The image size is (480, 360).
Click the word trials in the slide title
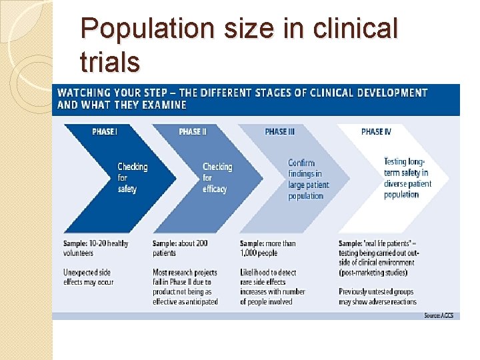click(x=109, y=62)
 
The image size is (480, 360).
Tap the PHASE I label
click(x=105, y=131)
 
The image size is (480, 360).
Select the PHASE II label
click(x=193, y=131)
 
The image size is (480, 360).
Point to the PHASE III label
click(x=279, y=131)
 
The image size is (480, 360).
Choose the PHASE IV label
click(x=376, y=131)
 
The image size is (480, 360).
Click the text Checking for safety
click(x=132, y=178)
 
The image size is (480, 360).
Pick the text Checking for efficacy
click(x=217, y=178)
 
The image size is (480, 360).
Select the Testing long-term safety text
click(x=407, y=178)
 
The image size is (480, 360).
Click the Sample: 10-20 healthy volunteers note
click(x=95, y=248)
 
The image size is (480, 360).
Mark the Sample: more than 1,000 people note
click(x=267, y=248)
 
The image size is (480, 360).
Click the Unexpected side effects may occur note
click(x=89, y=277)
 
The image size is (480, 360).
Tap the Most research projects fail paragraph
click(x=185, y=287)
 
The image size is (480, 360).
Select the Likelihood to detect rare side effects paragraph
click(x=273, y=287)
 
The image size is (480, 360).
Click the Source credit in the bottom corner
click(x=438, y=315)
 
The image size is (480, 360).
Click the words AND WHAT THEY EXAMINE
click(x=122, y=105)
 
